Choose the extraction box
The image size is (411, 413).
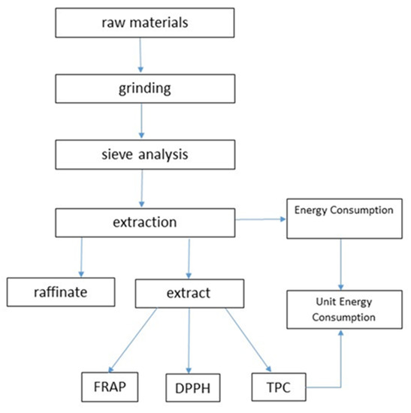[x=146, y=223]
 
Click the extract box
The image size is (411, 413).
[x=189, y=291]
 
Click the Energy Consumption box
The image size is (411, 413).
[x=343, y=211]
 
